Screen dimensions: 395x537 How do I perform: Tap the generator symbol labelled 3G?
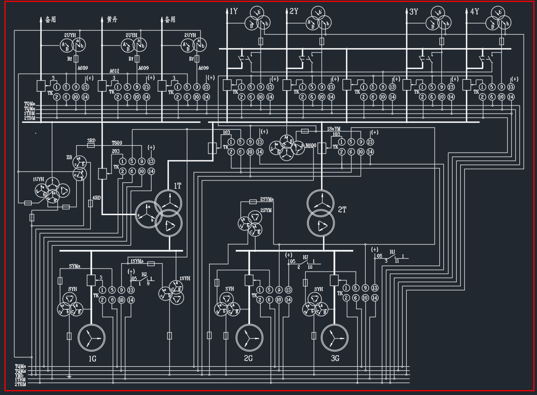334,338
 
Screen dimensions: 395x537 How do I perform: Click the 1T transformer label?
177,185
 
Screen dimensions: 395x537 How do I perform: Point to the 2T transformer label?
342,210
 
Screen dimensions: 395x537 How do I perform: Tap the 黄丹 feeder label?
112,20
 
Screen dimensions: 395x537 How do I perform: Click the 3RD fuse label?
91,141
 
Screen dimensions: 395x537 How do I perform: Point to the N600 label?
311,146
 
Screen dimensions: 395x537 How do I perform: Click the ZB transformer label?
69,157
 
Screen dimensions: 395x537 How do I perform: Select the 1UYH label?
38,178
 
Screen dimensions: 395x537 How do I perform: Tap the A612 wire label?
114,71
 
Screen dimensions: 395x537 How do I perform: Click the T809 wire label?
117,143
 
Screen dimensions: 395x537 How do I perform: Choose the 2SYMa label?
268,199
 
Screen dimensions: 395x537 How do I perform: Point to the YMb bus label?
20,375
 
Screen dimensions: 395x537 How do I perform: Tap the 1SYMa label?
137,261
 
